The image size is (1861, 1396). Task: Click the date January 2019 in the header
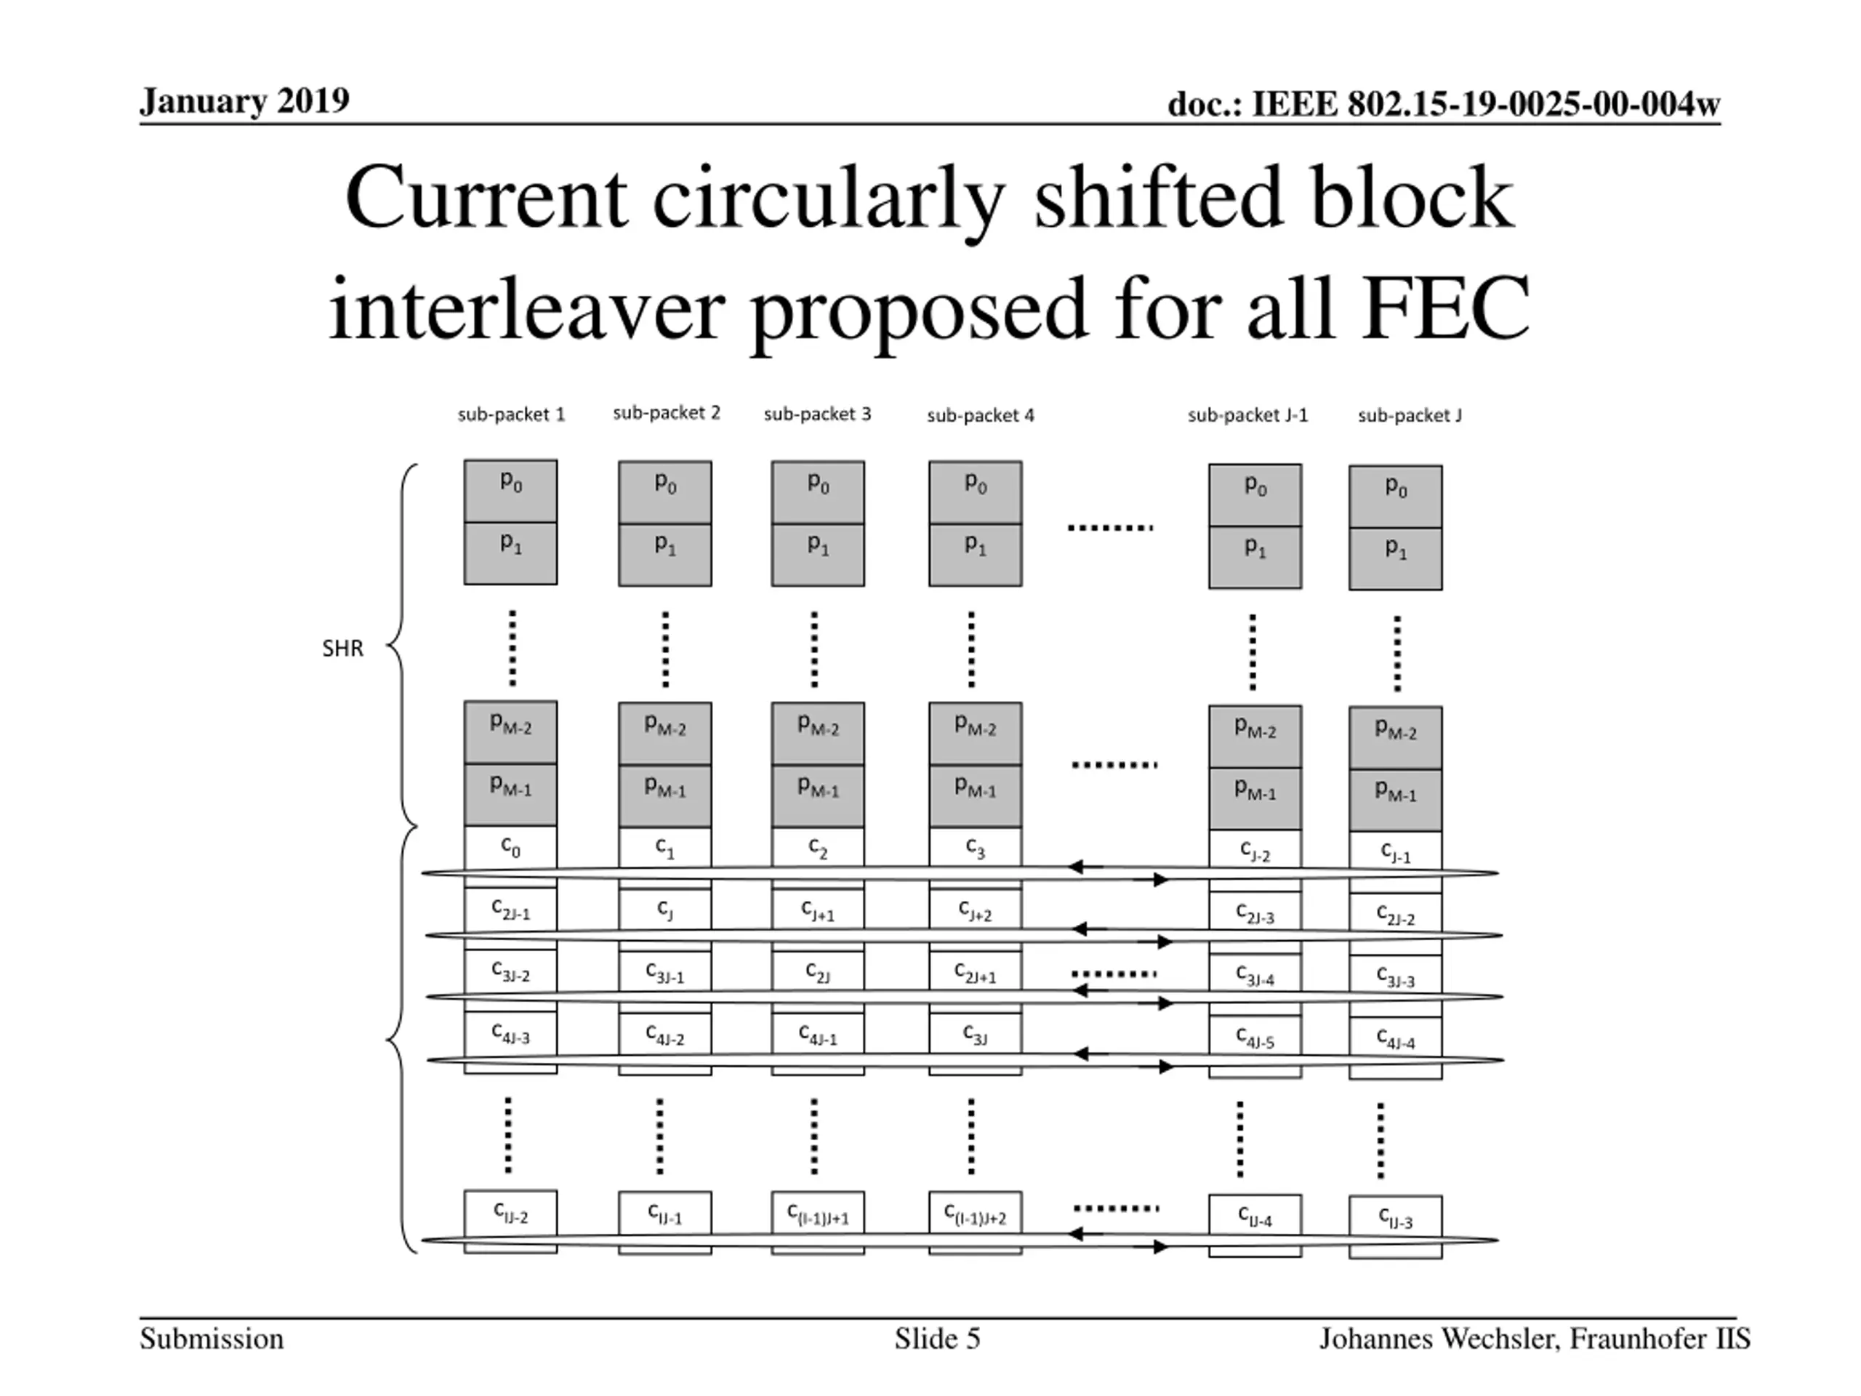point(244,101)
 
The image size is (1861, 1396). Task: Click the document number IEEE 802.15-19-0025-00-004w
point(1444,105)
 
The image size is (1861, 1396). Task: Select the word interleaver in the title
point(526,309)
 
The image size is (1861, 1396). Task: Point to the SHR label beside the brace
point(342,648)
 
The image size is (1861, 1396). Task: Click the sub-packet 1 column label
point(510,414)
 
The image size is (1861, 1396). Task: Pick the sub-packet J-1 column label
point(1247,415)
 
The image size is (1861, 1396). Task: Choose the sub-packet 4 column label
point(980,415)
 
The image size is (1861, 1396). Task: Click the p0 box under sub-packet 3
point(818,492)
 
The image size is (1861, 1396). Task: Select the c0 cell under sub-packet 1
point(510,846)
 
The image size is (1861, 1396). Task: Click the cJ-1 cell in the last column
point(1395,851)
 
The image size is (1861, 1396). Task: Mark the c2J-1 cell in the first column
point(510,909)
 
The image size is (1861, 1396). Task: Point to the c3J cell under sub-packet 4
point(975,1034)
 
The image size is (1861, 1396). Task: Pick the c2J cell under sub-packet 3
point(818,972)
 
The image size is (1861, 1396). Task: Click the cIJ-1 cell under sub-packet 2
point(664,1213)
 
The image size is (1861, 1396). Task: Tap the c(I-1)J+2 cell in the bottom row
point(975,1214)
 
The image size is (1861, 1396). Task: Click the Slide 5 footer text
point(937,1339)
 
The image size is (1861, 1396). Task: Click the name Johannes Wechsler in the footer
point(1438,1339)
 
